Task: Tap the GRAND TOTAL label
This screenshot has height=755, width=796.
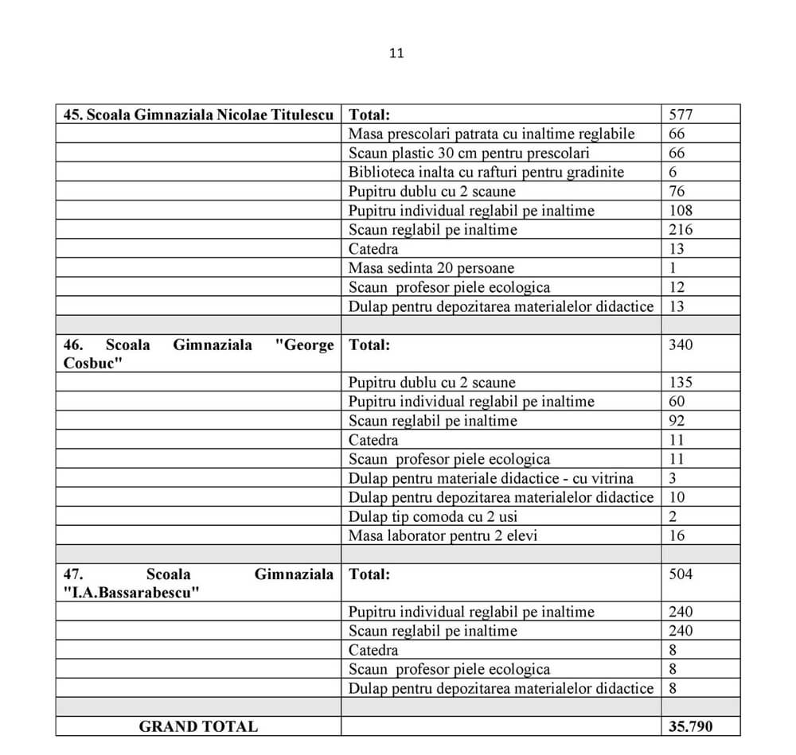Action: point(198,726)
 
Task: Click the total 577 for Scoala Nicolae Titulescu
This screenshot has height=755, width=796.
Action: point(681,115)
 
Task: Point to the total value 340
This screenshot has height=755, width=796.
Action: point(681,344)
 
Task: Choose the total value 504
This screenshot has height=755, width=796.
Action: point(681,574)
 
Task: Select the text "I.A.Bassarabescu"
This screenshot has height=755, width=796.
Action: point(131,593)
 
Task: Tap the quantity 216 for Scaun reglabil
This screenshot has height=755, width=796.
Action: point(681,230)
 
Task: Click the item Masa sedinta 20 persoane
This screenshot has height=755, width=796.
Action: point(431,268)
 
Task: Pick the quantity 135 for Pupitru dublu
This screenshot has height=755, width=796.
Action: point(681,383)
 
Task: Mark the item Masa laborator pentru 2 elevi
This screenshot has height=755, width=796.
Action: point(443,535)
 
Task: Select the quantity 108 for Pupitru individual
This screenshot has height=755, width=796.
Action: point(681,211)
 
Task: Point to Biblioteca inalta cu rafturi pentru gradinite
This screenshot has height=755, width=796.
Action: point(486,172)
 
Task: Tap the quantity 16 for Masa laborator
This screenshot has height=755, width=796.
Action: point(677,535)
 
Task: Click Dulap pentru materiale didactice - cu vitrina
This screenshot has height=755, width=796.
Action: point(491,478)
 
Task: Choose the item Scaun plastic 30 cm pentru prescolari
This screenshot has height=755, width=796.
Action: point(469,153)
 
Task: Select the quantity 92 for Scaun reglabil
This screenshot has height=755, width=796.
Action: point(677,421)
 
